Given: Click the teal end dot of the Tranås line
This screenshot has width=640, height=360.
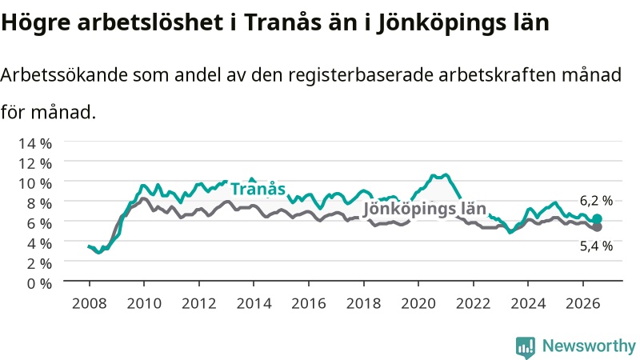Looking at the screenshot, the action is (x=597, y=218).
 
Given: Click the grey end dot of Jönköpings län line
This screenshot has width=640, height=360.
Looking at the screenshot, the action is (x=597, y=227).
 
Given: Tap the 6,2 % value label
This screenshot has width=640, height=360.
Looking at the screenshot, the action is (x=596, y=201).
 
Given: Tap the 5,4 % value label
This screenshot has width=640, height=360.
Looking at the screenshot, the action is (x=596, y=246).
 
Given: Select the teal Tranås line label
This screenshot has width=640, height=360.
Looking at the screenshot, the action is (x=258, y=189).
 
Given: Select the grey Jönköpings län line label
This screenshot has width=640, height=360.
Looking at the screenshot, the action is (x=425, y=209).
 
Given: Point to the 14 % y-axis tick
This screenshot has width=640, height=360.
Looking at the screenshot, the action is (x=35, y=143).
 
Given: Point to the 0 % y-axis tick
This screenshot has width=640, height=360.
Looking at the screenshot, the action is (x=39, y=283).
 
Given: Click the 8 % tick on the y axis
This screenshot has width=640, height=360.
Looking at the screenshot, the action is (x=39, y=203).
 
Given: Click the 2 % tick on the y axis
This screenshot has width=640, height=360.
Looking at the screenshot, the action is (x=39, y=263).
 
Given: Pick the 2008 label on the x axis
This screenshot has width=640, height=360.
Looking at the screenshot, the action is (x=90, y=303).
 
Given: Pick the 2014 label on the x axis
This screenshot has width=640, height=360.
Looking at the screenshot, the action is (x=254, y=303).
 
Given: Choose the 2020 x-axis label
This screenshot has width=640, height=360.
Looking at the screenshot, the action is (x=418, y=303).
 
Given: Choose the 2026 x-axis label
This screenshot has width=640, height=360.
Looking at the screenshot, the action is (x=583, y=303).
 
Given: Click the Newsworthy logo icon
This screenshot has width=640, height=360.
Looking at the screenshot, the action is (x=526, y=346).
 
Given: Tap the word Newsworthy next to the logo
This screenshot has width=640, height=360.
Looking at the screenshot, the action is (x=589, y=346).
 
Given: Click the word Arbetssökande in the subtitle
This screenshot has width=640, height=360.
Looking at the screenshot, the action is (x=64, y=75).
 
